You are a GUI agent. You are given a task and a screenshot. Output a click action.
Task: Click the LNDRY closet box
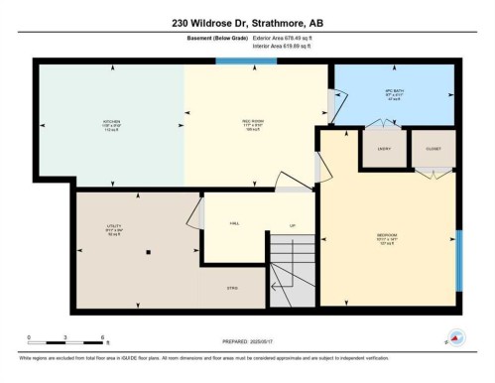383,149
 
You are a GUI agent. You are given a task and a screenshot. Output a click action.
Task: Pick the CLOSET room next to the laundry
433,149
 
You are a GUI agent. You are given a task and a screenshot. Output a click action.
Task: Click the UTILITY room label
114,227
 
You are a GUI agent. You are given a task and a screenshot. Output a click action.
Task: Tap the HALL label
234,224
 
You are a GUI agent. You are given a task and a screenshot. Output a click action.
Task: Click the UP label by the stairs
292,224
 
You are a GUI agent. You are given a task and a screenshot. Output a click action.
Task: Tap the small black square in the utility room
147,251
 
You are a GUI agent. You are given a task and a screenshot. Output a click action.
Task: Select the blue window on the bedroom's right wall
458,260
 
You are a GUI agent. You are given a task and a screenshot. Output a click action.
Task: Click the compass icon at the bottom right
454,336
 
